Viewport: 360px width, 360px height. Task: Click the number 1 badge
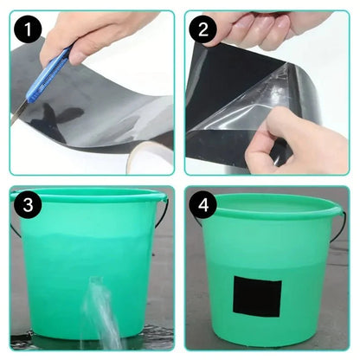(32, 32)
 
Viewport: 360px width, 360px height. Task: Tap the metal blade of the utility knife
(19, 110)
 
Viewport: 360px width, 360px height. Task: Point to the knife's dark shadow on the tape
(61, 117)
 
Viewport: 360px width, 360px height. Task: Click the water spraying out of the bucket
(102, 312)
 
